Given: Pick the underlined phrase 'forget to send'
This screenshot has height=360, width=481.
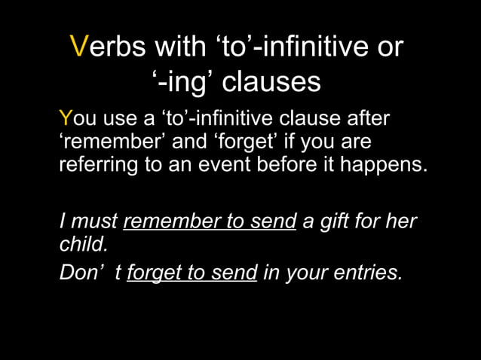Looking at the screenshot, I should click(192, 273).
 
